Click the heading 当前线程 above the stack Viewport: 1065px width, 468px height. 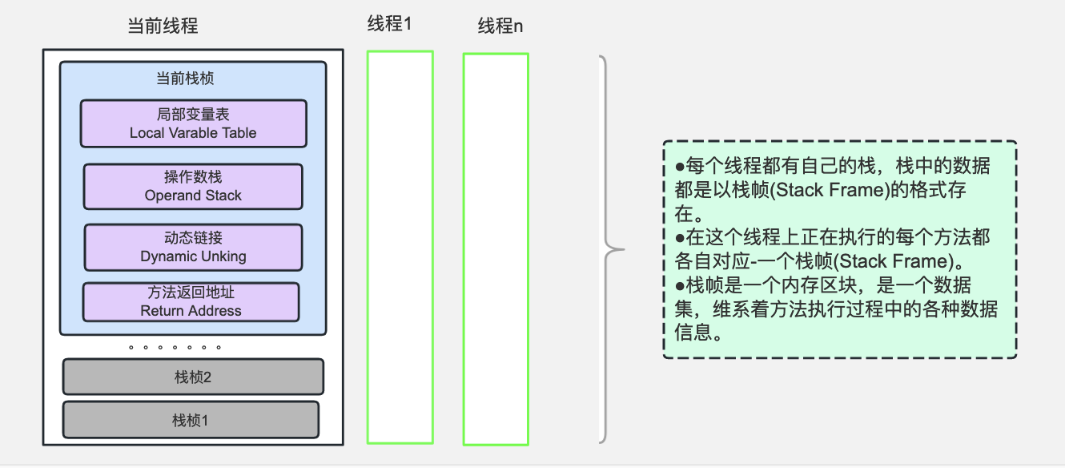(x=163, y=26)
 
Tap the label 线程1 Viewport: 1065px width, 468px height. (x=389, y=24)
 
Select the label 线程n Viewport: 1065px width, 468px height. (x=500, y=26)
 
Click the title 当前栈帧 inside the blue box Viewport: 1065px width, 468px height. (x=185, y=79)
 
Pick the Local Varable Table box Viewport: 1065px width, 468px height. (x=193, y=123)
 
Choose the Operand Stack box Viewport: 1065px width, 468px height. (x=193, y=187)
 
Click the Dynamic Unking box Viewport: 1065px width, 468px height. (x=193, y=248)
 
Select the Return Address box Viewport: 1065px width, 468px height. (x=191, y=302)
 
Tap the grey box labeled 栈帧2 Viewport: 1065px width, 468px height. (x=193, y=377)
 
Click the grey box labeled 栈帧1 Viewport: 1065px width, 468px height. (x=191, y=419)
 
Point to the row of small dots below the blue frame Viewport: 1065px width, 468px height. (x=175, y=348)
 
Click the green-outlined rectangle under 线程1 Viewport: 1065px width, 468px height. (x=400, y=247)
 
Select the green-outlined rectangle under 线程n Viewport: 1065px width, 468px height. (x=496, y=248)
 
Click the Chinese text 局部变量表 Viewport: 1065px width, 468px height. (x=193, y=115)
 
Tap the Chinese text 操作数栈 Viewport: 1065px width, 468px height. (x=193, y=178)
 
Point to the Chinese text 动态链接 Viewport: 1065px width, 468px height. (x=193, y=239)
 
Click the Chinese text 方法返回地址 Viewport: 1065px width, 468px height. (x=191, y=293)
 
